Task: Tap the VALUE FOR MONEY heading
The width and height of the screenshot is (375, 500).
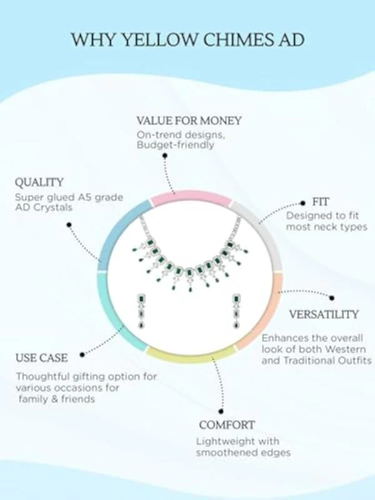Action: (189, 121)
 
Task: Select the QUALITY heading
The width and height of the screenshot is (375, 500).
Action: (39, 182)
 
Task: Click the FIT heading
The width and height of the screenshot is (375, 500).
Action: (321, 202)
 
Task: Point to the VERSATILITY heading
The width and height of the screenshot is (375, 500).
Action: (324, 314)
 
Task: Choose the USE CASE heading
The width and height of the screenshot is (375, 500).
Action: (42, 357)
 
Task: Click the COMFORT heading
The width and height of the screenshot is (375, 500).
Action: (227, 425)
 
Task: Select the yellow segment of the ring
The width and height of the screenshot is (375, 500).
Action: (191, 356)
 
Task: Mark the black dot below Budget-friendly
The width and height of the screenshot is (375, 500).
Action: (165, 156)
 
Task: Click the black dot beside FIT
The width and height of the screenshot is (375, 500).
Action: (304, 202)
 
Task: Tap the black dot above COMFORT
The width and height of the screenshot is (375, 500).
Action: (221, 412)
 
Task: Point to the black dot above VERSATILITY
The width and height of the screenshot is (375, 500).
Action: (332, 298)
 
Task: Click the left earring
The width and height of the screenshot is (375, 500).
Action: (141, 311)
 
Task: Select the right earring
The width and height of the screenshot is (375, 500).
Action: (236, 311)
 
